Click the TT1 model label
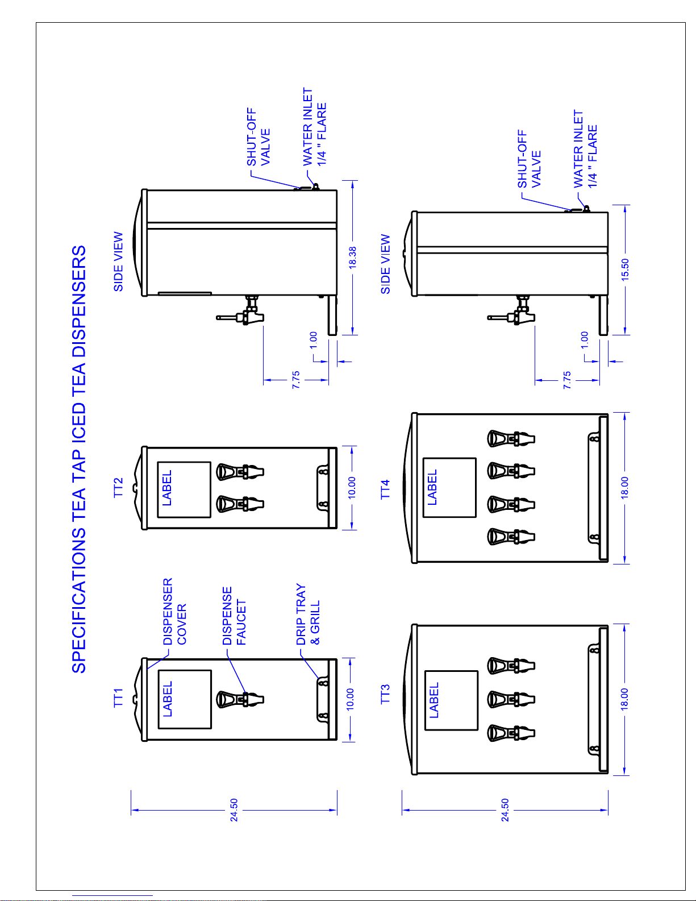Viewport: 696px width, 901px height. point(118,697)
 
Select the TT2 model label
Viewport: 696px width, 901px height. point(118,488)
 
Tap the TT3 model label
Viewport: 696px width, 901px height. point(385,695)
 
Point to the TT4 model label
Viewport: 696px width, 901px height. point(385,489)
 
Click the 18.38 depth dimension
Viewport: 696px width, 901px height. point(353,258)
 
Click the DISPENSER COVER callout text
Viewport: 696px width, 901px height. point(174,612)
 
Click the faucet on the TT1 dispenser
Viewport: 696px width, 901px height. point(240,699)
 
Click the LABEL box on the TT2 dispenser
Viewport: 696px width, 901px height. point(184,489)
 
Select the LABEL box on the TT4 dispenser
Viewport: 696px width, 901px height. point(449,488)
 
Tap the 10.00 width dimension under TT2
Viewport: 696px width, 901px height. point(352,488)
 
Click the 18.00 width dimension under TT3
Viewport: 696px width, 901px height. point(624,699)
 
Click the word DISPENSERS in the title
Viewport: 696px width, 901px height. point(79,302)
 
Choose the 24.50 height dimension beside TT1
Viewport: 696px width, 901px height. point(234,810)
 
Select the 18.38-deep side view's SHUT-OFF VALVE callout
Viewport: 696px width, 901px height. point(258,138)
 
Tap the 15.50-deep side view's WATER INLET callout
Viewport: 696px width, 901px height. point(585,149)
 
